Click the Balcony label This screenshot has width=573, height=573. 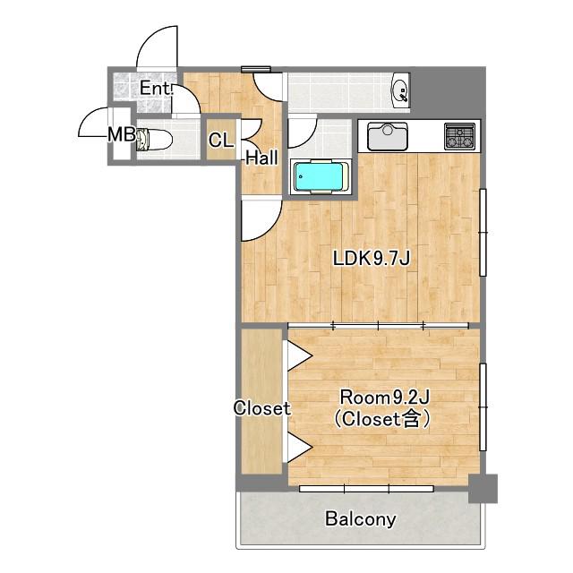[360, 519]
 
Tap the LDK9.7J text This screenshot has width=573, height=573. [372, 259]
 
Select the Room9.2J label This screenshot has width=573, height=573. [384, 398]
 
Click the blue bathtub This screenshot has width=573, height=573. [319, 177]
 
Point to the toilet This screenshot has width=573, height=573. [154, 140]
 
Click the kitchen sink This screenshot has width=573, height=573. [388, 136]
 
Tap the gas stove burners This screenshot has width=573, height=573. [459, 136]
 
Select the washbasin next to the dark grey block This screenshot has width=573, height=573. [400, 91]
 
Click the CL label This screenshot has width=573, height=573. [221, 140]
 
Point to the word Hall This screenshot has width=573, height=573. [261, 158]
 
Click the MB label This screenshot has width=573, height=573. [122, 135]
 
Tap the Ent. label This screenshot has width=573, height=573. [156, 88]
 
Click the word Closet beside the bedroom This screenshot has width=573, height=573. [261, 408]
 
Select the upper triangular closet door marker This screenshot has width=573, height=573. [299, 355]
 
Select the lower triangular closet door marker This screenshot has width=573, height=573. [299, 447]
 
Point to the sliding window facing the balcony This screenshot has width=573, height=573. [366, 489]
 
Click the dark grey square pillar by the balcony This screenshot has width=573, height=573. [483, 489]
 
